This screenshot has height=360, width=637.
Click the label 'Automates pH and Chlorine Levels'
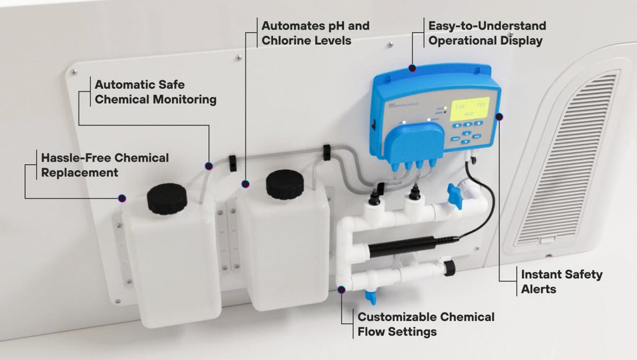click(315, 33)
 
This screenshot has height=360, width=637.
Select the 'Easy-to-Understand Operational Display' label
click(486, 33)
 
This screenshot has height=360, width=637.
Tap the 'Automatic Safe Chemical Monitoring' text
click(155, 91)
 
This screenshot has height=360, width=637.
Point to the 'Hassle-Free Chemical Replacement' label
click(105, 165)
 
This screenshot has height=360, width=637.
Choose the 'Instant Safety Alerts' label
click(561, 282)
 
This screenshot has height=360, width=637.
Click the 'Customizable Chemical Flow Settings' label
click(426, 324)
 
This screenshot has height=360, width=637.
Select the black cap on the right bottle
click(285, 185)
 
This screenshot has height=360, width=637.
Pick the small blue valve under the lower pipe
click(371, 295)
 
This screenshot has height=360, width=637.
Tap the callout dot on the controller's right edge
click(500, 116)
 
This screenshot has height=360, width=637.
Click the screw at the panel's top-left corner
click(74, 72)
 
